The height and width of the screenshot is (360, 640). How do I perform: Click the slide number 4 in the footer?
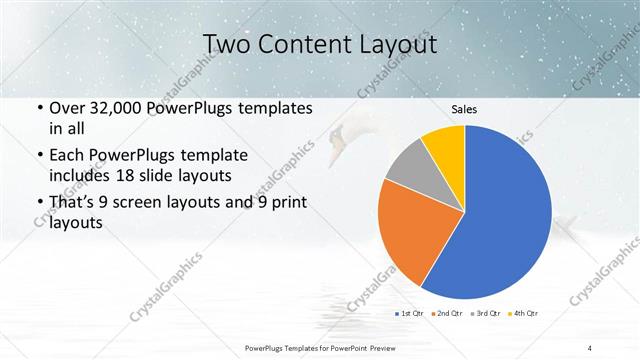[x=591, y=347]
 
